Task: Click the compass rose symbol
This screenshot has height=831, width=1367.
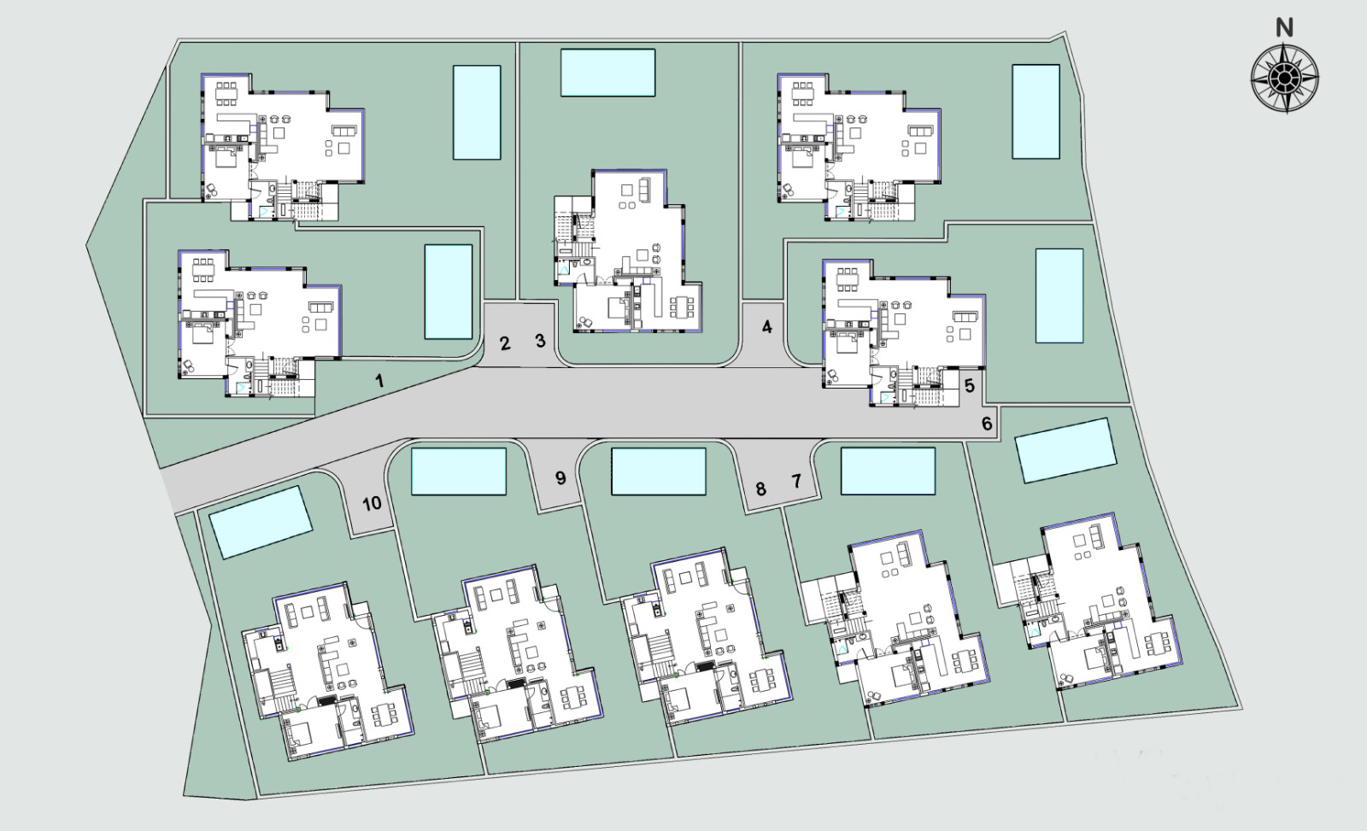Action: tap(1285, 79)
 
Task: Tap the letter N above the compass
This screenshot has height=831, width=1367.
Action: tap(1285, 27)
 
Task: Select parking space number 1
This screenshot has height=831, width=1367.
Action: tap(379, 381)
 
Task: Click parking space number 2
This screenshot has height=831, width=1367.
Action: tap(505, 343)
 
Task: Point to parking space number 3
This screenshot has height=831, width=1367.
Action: tap(540, 341)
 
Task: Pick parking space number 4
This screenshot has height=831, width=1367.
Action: tap(766, 327)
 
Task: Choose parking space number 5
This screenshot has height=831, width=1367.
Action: tap(970, 385)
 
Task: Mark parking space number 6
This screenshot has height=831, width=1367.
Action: tap(987, 424)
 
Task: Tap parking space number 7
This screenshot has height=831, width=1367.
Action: tap(796, 482)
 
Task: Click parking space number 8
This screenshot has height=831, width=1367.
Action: tap(760, 489)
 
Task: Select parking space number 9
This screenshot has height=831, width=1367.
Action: tap(560, 477)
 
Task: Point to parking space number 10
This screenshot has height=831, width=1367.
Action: tap(372, 503)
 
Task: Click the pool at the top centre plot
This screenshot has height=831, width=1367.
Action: tap(607, 73)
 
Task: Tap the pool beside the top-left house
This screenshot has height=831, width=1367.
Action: tap(477, 112)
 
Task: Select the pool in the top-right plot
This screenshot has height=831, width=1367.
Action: tap(1036, 112)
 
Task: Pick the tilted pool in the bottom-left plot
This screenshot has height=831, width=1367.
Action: tap(261, 523)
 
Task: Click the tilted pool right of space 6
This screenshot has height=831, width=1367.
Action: tap(1066, 450)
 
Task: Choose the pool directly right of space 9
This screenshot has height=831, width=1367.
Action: tap(659, 471)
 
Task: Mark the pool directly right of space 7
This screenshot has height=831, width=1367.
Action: tap(888, 471)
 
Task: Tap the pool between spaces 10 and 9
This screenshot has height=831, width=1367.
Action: tap(459, 471)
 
